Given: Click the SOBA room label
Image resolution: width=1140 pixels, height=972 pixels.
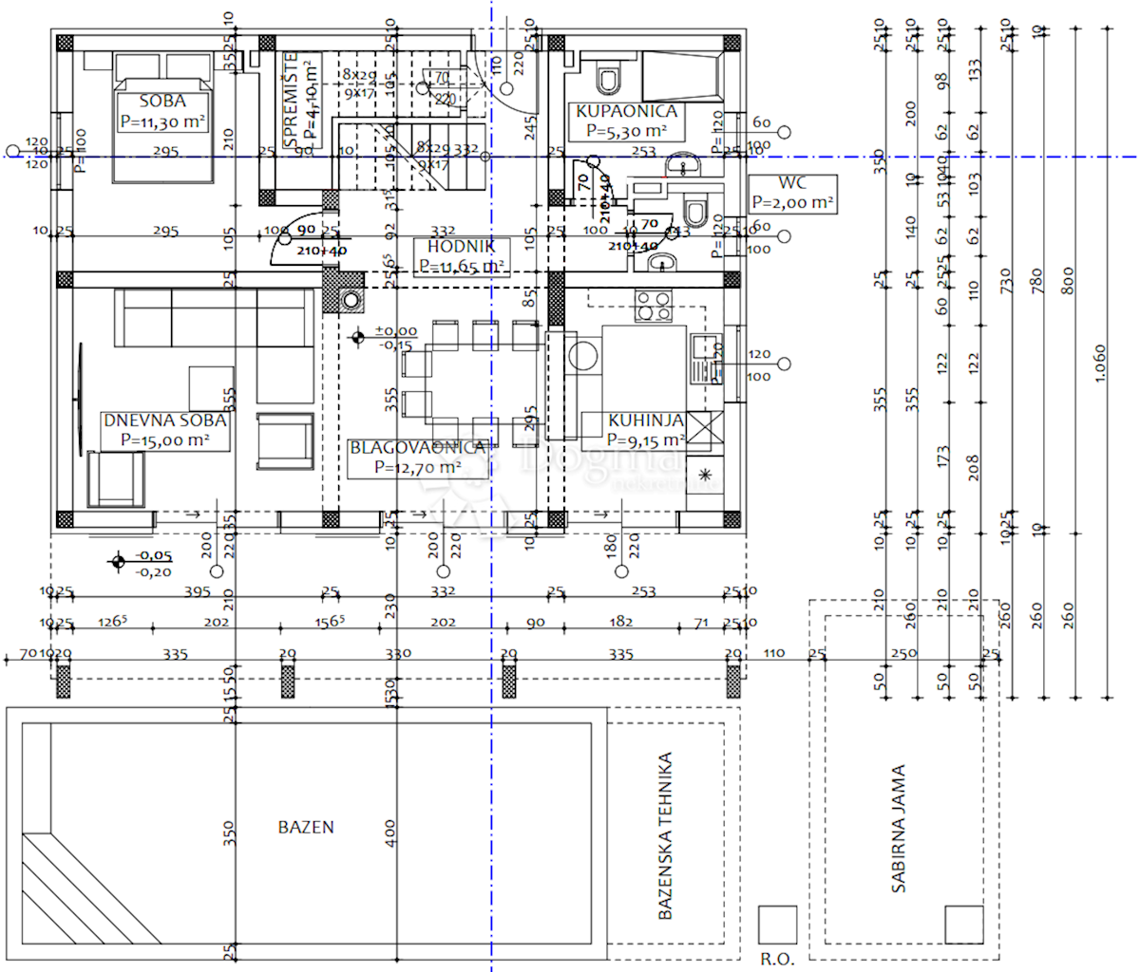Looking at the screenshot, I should pyautogui.click(x=162, y=102).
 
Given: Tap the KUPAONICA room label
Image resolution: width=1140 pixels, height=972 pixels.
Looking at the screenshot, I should pyautogui.click(x=627, y=112).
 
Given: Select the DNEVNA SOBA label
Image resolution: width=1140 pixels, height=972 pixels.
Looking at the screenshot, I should pyautogui.click(x=165, y=420).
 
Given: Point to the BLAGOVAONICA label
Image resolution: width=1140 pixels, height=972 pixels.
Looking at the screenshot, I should pyautogui.click(x=418, y=447).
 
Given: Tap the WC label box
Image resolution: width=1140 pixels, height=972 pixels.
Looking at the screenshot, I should pyautogui.click(x=792, y=193).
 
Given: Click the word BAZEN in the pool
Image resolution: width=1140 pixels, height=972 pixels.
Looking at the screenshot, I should pyautogui.click(x=306, y=828).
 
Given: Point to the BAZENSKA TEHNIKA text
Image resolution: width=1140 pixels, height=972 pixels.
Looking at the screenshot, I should pyautogui.click(x=666, y=836).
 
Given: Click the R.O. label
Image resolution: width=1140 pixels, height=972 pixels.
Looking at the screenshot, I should pyautogui.click(x=777, y=960).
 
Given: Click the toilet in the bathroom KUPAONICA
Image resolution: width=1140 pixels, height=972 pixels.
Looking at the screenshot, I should pyautogui.click(x=608, y=79).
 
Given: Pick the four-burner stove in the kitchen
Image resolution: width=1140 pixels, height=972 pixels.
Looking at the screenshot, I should pyautogui.click(x=654, y=307).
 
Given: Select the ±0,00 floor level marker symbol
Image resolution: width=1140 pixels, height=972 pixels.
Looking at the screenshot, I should pyautogui.click(x=358, y=337).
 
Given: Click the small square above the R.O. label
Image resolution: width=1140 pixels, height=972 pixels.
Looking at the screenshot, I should pyautogui.click(x=777, y=925).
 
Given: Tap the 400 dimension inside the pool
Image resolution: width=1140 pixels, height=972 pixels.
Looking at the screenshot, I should pyautogui.click(x=390, y=833).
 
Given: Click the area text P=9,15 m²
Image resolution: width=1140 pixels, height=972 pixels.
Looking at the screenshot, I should pyautogui.click(x=646, y=439).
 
